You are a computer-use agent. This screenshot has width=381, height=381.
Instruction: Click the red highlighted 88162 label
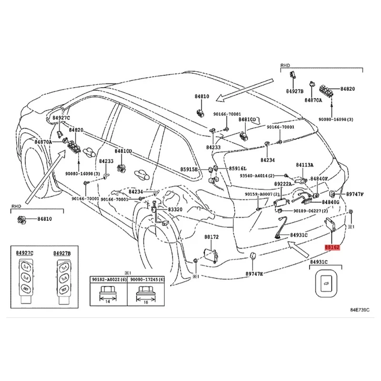point(332,248)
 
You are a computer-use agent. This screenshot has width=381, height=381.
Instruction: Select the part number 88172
point(211,237)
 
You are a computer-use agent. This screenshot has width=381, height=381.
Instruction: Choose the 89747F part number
point(354,194)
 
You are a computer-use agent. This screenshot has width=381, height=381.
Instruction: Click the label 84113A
point(304,165)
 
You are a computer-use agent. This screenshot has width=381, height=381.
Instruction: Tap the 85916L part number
point(238,169)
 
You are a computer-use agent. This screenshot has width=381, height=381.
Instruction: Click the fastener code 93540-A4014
point(260,176)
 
